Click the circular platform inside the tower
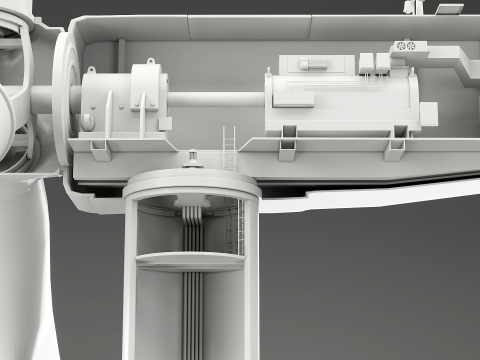click(x=190, y=261)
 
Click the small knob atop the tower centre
click(x=191, y=158)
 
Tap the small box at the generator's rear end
click(x=429, y=111)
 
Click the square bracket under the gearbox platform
click(x=100, y=149)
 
